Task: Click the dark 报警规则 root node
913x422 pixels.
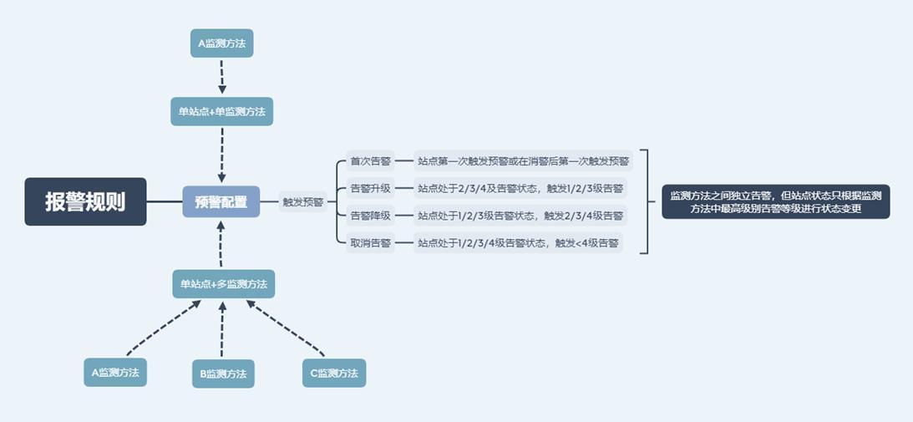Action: [85, 201]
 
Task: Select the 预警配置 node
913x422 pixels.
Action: [221, 201]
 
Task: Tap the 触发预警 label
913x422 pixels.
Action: [303, 201]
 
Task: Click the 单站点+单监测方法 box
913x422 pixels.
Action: [222, 111]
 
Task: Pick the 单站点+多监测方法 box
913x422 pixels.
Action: [223, 284]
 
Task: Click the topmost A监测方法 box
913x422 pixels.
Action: [221, 43]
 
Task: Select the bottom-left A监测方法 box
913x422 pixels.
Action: [115, 373]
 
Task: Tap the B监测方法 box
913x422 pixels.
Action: [223, 374]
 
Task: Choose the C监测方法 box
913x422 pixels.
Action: [334, 373]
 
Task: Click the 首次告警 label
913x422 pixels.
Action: [371, 160]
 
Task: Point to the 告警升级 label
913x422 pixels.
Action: [371, 188]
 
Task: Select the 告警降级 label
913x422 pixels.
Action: [371, 216]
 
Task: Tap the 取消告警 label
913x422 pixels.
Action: [371, 243]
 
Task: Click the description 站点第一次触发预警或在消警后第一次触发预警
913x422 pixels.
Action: [524, 160]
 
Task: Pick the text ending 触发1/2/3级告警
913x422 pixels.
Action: [520, 188]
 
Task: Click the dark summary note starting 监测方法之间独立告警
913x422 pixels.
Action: [775, 201]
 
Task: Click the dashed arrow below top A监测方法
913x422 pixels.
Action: [222, 77]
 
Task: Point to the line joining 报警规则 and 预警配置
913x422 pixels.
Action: [165, 201]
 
